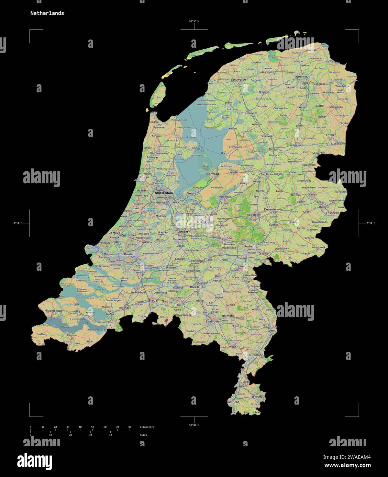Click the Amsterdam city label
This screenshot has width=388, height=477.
point(164,193)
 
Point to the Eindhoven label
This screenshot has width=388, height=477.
point(213,322)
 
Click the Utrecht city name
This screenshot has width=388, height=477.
point(183,232)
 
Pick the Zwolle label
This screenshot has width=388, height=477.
point(265,174)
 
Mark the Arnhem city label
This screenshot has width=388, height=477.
point(250,246)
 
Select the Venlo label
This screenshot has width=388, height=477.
point(272,330)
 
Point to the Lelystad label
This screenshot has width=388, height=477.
point(213,174)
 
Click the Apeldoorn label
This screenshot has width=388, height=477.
point(254,214)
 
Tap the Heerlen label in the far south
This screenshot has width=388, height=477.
point(256,397)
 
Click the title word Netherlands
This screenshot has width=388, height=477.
point(47,13)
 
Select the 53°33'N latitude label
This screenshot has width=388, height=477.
point(194,21)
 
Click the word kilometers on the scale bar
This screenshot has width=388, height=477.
point(147,427)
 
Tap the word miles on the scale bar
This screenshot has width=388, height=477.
point(143,435)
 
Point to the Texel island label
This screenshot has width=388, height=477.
point(158,97)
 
